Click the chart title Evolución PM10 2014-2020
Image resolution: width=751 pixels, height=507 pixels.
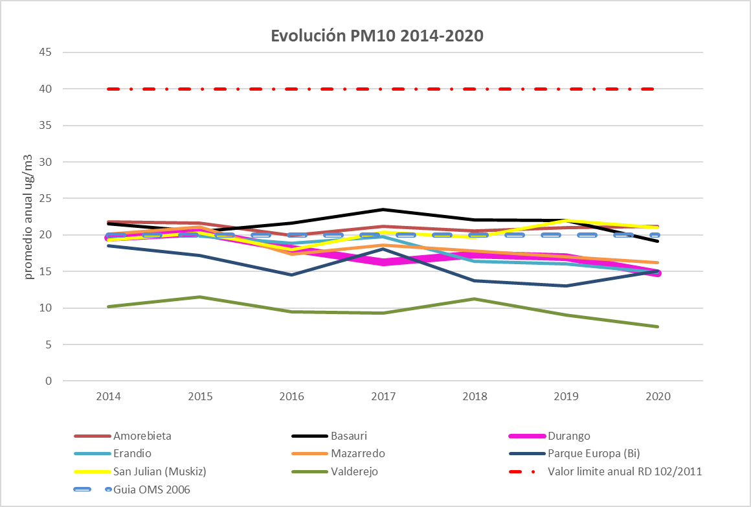(x=377, y=36)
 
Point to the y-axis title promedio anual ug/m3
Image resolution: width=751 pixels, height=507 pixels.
(x=28, y=216)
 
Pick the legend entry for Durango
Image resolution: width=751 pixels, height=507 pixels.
(x=568, y=436)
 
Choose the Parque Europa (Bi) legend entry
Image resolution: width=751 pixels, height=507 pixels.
(x=594, y=454)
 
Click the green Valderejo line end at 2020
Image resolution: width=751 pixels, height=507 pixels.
(x=657, y=326)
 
